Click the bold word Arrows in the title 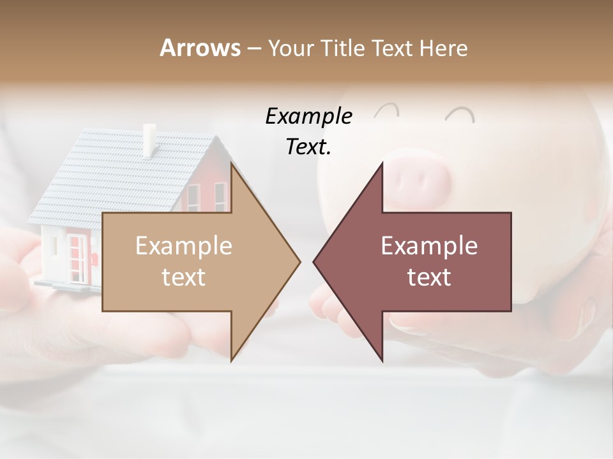point(200,48)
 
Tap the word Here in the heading point(443,48)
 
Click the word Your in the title point(291,48)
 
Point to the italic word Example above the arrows point(308,116)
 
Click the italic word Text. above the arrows point(308,147)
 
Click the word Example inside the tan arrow point(184,246)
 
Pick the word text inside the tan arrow point(184,277)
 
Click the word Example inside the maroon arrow point(429,246)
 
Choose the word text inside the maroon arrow point(429,277)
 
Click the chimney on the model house point(150,140)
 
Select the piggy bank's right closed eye point(460,115)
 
